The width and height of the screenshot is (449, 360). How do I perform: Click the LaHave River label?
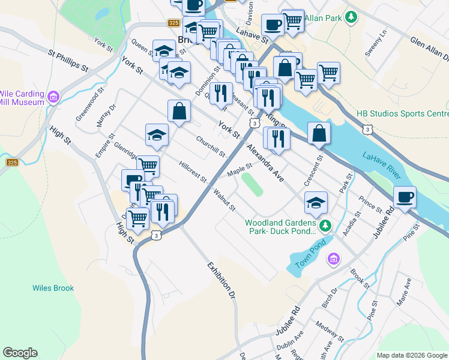coord(381,164)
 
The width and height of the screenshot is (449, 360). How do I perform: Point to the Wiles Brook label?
coord(53,288)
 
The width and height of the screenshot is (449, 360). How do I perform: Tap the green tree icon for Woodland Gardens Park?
coord(325,226)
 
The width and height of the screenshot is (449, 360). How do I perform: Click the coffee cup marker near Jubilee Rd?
coord(405,197)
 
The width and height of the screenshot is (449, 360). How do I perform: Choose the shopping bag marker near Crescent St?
coord(319,133)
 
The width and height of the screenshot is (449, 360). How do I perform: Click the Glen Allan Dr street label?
coord(429,48)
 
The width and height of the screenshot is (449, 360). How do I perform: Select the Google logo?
coord(20,353)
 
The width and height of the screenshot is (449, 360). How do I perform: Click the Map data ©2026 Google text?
coord(411,355)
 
